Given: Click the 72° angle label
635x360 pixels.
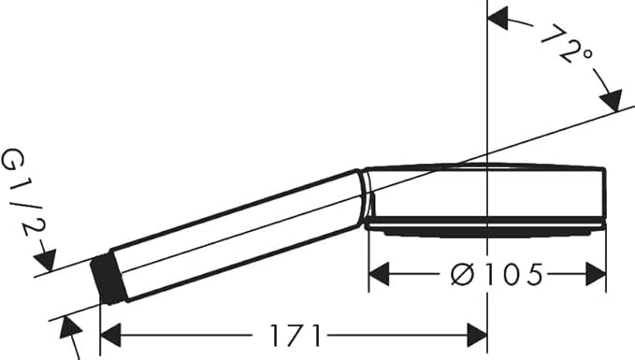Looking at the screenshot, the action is click(567, 46).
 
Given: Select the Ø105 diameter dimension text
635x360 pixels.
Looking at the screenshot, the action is click(497, 275).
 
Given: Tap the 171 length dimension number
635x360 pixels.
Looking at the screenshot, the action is click(296, 336).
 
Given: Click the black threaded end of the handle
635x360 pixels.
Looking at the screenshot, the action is click(108, 281).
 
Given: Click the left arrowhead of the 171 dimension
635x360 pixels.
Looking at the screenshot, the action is click(110, 336).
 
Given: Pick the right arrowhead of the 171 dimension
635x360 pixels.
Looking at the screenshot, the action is click(477, 336).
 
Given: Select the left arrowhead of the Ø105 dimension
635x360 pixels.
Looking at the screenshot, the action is click(379, 274).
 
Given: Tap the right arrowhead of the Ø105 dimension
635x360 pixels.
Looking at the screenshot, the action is click(596, 274).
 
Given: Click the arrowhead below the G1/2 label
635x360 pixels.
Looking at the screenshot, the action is click(46, 260).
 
